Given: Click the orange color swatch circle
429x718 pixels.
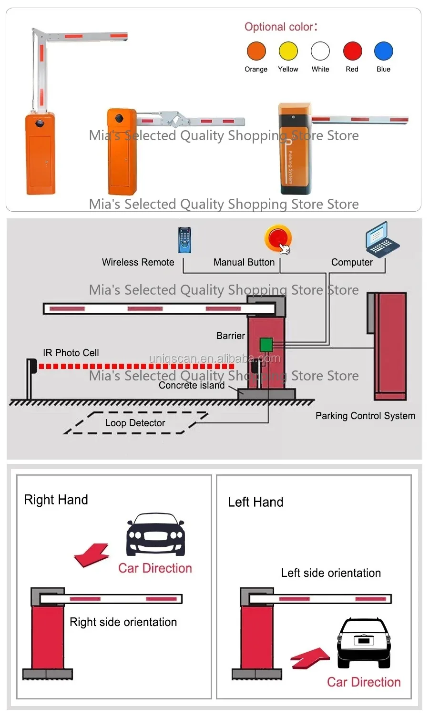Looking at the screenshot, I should click(x=256, y=51).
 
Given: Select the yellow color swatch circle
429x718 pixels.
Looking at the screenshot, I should click(x=288, y=51).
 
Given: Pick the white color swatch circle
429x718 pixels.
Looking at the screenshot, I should click(x=320, y=51).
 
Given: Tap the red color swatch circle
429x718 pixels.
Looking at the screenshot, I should click(x=352, y=51).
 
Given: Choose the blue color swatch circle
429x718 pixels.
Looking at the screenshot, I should click(x=384, y=51).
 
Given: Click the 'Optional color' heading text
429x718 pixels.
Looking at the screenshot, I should click(x=281, y=27).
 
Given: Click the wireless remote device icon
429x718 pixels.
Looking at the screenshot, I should click(x=184, y=240).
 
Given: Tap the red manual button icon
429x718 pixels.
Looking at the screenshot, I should click(x=278, y=238).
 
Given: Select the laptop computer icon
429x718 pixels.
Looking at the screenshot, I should click(x=382, y=239).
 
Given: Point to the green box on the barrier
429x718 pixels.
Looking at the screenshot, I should click(x=266, y=344).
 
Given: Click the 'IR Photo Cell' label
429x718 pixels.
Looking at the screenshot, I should click(x=71, y=353).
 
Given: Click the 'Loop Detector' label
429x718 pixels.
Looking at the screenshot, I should click(x=135, y=423).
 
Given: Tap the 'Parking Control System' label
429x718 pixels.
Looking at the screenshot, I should click(x=365, y=416).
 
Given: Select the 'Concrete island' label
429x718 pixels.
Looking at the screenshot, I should click(x=192, y=385).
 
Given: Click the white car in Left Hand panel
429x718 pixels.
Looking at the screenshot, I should click(x=364, y=643).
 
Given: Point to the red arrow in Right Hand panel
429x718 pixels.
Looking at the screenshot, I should click(x=92, y=555).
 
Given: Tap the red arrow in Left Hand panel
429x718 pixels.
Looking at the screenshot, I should click(x=310, y=657).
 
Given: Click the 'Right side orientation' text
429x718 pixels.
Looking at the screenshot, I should click(x=123, y=622).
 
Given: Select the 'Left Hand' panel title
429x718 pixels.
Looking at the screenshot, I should click(x=255, y=502).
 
